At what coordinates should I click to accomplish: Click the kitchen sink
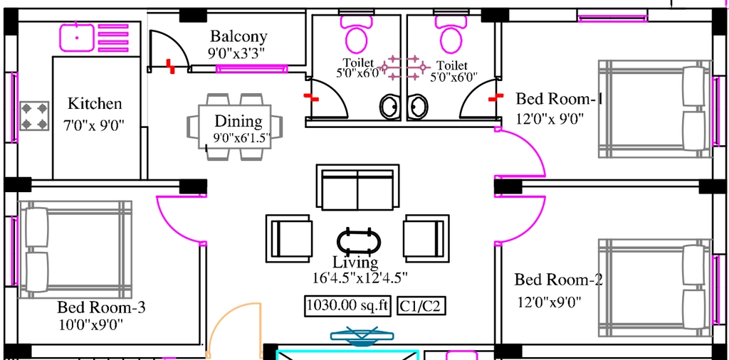click(77, 38)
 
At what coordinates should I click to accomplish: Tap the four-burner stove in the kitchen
click(34, 116)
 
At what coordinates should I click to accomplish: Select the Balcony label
click(238, 36)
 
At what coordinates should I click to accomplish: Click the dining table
click(235, 126)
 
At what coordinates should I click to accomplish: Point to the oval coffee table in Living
click(359, 241)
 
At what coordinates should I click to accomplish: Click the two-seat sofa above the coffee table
click(357, 186)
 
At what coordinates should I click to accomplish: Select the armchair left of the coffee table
click(289, 238)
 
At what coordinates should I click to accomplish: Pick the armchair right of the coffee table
click(426, 238)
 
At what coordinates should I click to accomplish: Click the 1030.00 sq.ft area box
click(347, 306)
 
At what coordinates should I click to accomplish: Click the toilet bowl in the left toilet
click(357, 36)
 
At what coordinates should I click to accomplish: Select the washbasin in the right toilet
click(418, 107)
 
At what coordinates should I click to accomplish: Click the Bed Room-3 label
click(101, 307)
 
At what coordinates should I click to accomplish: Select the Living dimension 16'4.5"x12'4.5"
click(360, 277)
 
